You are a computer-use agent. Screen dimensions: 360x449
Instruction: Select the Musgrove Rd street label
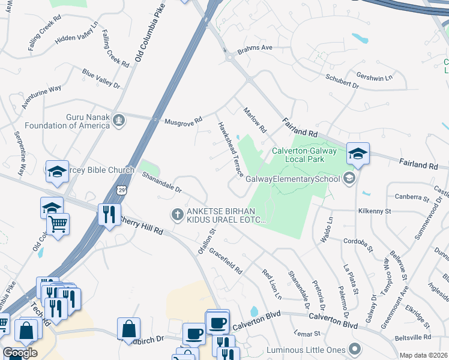coord(184,121)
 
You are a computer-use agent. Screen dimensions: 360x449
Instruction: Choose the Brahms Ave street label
coord(255,48)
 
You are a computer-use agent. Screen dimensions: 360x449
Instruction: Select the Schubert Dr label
coord(342,82)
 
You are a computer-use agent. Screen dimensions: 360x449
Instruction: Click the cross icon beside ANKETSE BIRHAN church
coord(177,214)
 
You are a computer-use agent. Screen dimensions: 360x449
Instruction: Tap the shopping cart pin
coord(58,224)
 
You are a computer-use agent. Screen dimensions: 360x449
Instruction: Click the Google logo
coord(20,353)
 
